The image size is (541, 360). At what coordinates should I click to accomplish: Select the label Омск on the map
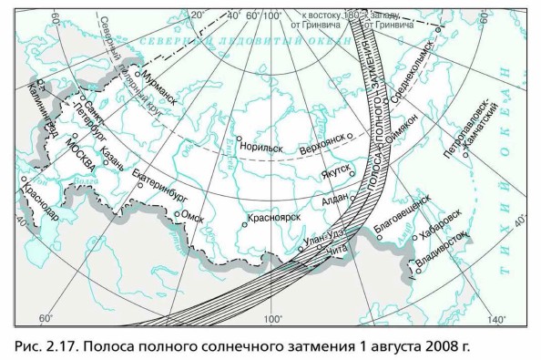pyautogui.click(x=193, y=215)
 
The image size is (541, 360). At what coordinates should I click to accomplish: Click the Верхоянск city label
pyautogui.click(x=323, y=143)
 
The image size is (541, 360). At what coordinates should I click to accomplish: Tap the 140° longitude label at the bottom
pyautogui.click(x=495, y=319)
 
